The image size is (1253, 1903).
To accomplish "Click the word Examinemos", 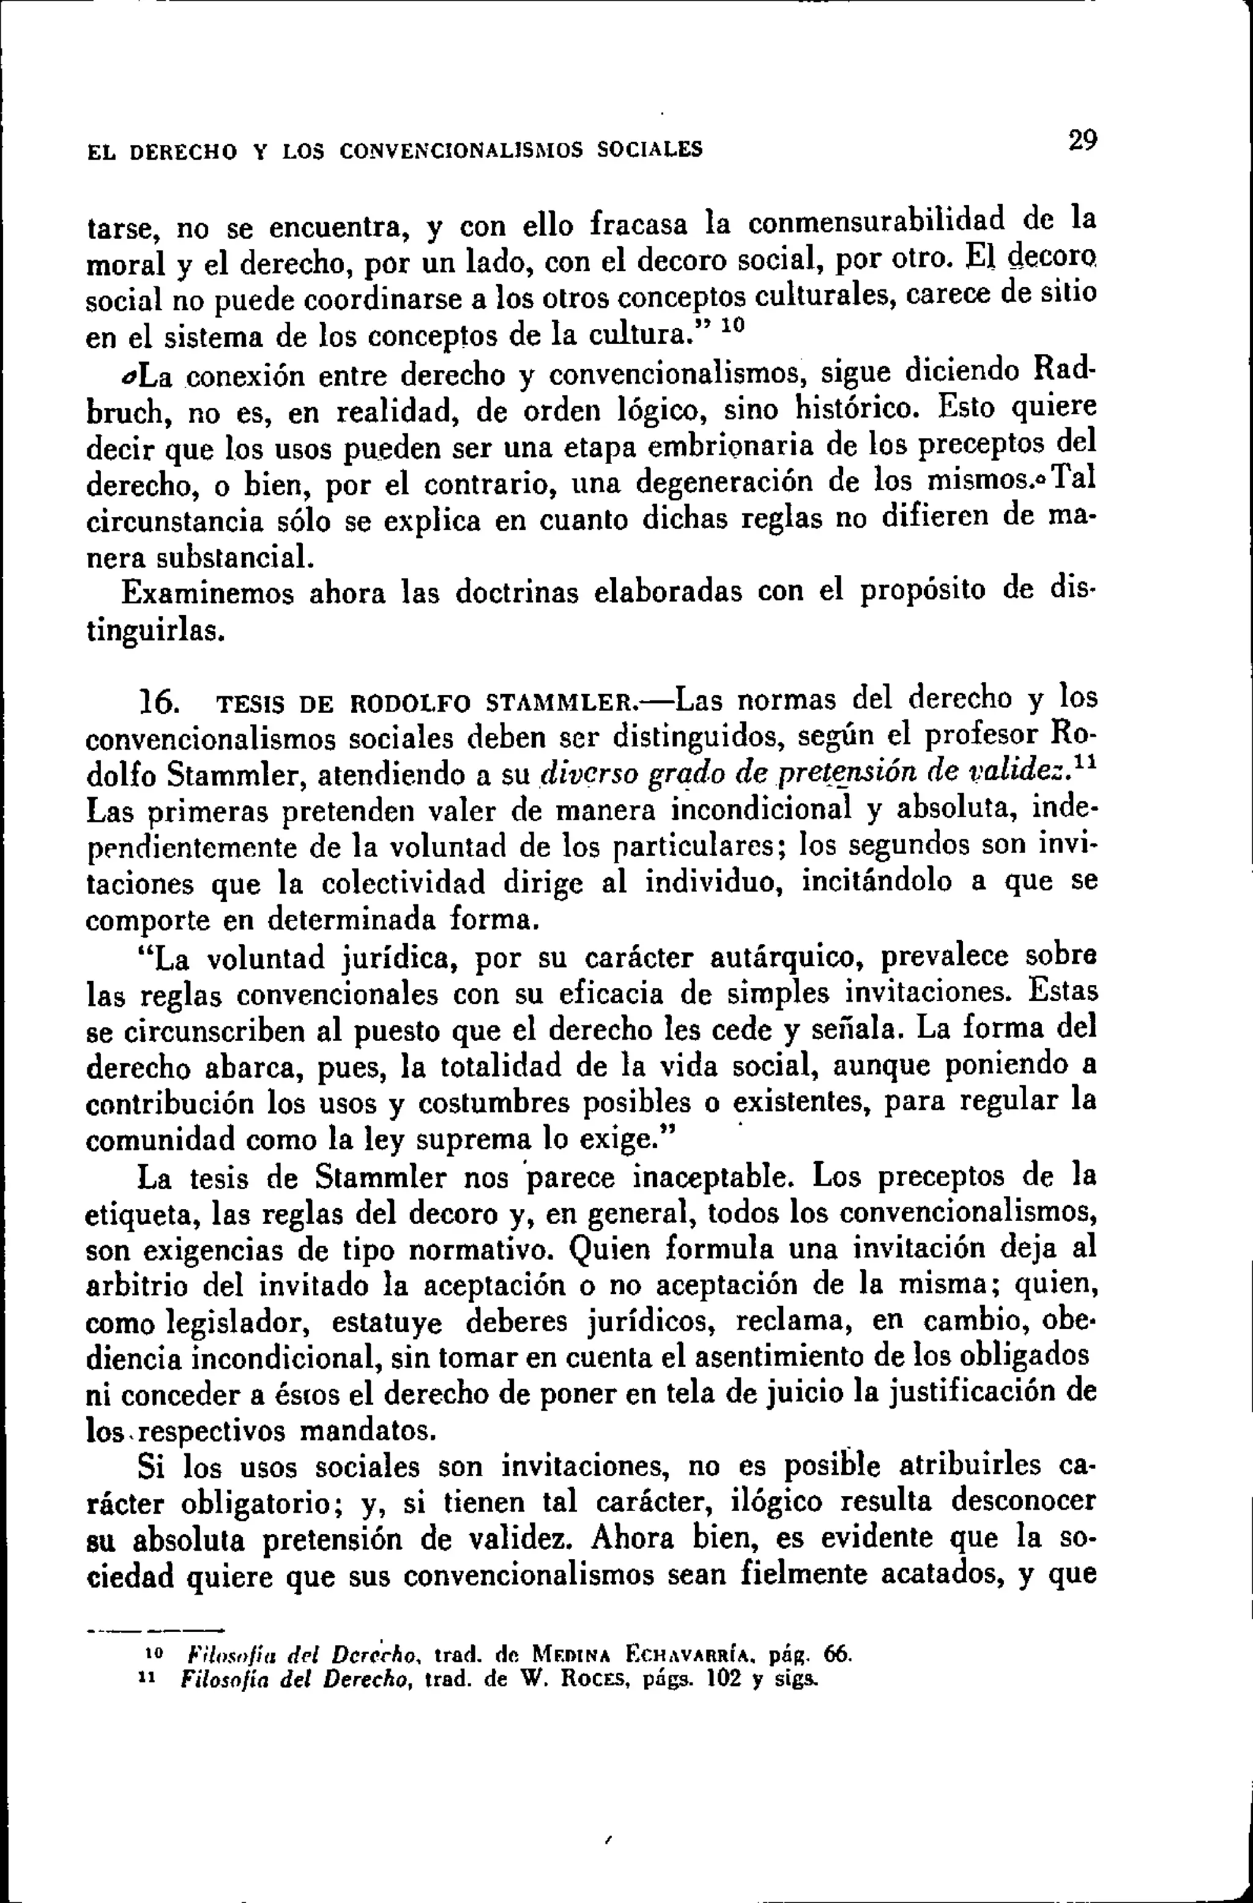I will [x=208, y=594].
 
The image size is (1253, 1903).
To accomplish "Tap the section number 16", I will [x=159, y=703].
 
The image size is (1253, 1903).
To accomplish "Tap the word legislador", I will [x=237, y=1322].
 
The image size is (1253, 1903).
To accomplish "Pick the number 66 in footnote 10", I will [x=837, y=1653].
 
